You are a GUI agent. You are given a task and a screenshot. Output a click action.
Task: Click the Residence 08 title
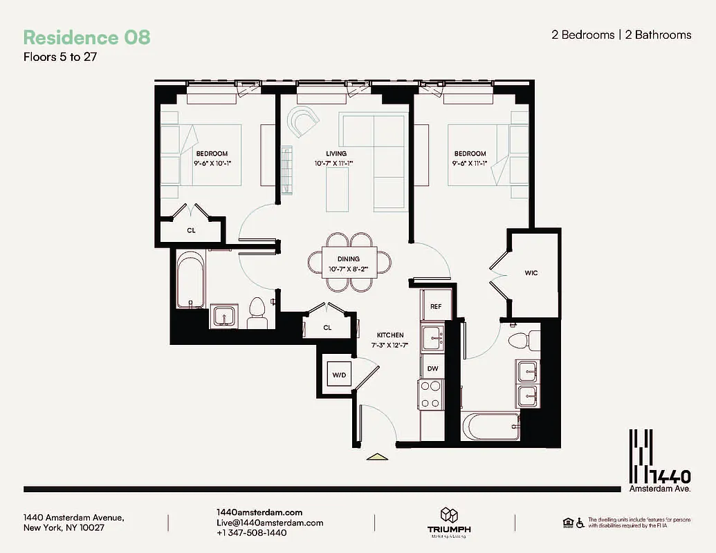click(x=86, y=37)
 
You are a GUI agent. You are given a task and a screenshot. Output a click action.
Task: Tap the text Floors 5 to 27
click(x=59, y=57)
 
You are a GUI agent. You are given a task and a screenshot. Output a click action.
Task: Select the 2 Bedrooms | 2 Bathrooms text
click(x=621, y=35)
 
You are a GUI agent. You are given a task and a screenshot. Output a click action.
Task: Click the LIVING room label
click(x=336, y=153)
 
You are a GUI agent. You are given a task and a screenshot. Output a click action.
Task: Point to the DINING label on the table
click(x=349, y=259)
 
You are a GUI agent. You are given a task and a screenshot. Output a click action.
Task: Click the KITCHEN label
click(x=390, y=335)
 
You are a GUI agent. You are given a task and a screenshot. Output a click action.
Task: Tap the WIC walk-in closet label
click(x=531, y=273)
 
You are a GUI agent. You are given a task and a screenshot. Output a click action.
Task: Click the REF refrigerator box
click(x=436, y=306)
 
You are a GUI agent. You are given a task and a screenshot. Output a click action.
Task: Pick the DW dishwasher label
click(x=433, y=369)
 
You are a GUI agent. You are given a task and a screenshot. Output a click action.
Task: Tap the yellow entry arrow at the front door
click(x=376, y=456)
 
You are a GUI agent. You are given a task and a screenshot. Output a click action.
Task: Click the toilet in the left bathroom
click(x=257, y=313)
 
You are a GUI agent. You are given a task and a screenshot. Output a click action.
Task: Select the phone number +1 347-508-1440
click(x=251, y=533)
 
